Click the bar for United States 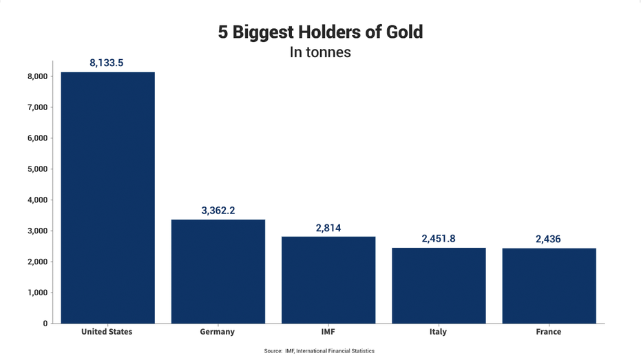pos(107,198)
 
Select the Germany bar pos(218,271)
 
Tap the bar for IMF pos(328,279)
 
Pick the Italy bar pos(439,285)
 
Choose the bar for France pos(549,286)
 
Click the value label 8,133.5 pos(107,63)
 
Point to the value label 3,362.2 pos(218,210)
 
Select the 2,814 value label pos(328,227)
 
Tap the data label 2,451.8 pos(439,238)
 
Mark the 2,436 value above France pos(549,239)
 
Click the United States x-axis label pos(107,332)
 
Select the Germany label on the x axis pos(218,332)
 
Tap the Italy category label pos(439,332)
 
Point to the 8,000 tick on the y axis pos(34,76)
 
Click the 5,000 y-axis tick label pos(34,169)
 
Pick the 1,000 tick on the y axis pos(34,293)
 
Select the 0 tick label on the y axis pos(44,324)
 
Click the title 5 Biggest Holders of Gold pos(320,32)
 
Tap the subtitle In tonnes pos(320,52)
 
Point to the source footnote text pos(319,351)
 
